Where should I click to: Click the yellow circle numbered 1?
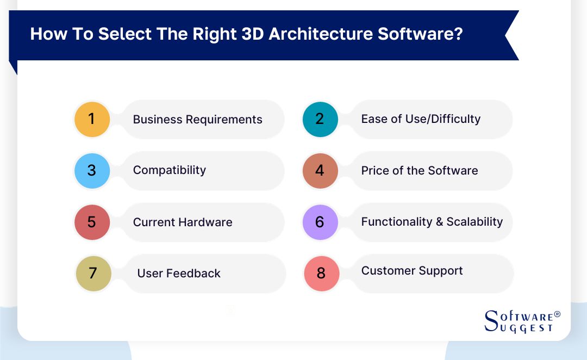click(x=92, y=119)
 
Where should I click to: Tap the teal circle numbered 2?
click(x=320, y=119)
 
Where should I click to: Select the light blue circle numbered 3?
click(x=92, y=171)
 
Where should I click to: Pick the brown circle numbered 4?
click(x=320, y=171)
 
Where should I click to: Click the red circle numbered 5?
click(x=92, y=222)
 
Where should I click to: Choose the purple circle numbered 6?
click(x=320, y=222)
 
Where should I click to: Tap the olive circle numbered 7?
click(x=93, y=274)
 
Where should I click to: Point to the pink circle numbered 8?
click(x=321, y=274)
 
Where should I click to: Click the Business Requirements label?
click(x=197, y=120)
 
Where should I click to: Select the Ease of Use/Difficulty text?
click(x=421, y=119)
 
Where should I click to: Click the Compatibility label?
click(x=170, y=170)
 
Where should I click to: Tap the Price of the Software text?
click(x=420, y=171)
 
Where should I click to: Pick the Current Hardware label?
click(x=183, y=222)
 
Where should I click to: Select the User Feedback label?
click(x=179, y=274)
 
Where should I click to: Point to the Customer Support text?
click(x=412, y=271)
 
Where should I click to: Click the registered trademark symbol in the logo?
click(x=557, y=315)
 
